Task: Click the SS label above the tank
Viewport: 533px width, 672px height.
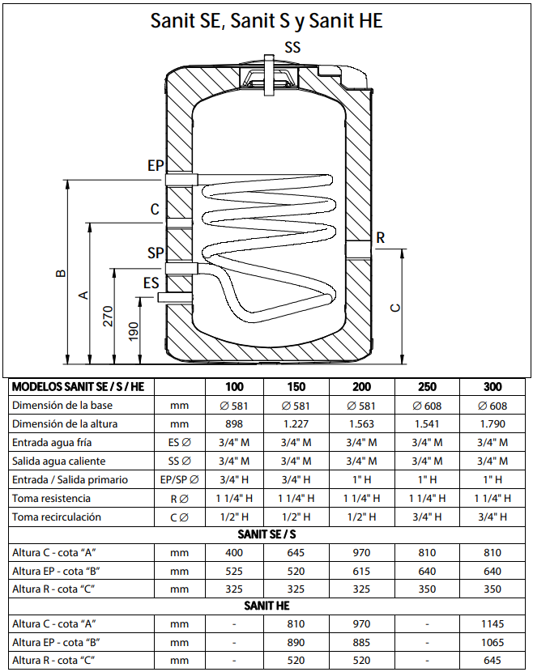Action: (x=292, y=47)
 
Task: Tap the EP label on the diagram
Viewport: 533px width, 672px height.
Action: (x=156, y=165)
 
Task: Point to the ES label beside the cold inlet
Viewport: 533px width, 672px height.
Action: (x=151, y=283)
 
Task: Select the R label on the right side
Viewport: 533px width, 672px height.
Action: (x=381, y=237)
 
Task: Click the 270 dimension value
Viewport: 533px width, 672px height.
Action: (x=108, y=316)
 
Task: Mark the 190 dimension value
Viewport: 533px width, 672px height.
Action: (x=134, y=332)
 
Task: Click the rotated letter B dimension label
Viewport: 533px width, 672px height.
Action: (x=62, y=273)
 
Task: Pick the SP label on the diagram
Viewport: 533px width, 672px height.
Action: (x=156, y=253)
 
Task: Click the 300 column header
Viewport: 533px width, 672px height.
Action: (x=492, y=386)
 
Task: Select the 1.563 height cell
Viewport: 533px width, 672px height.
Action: (x=361, y=424)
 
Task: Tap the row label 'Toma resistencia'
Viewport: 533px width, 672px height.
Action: (x=52, y=499)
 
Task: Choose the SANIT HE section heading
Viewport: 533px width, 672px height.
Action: (x=266, y=606)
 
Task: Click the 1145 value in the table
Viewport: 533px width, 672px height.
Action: (x=492, y=624)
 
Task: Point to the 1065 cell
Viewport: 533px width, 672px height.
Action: (x=492, y=642)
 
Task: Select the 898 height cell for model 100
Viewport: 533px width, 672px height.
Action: (x=234, y=424)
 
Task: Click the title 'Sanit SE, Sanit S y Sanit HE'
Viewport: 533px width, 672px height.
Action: (x=266, y=20)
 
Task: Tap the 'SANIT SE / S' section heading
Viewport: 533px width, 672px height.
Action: (x=266, y=534)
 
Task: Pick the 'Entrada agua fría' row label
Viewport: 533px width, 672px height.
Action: (x=52, y=442)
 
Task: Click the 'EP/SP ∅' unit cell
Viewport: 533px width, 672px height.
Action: (x=180, y=480)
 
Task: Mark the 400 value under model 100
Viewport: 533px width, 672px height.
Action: (x=234, y=553)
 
